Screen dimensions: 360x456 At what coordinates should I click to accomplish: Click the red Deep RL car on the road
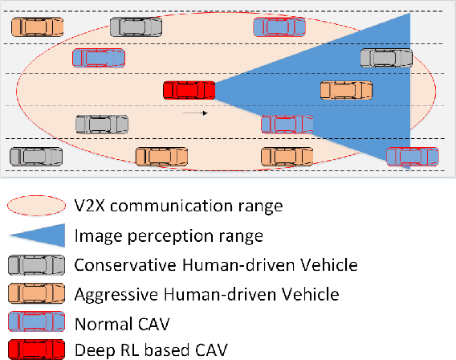tap(189, 92)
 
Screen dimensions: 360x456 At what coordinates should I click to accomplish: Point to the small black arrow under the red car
tap(195, 112)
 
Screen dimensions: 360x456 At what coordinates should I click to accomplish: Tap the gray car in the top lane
tap(136, 27)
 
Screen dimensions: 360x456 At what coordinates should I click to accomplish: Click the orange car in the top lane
tap(37, 27)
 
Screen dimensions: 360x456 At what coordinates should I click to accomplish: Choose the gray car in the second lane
tap(386, 57)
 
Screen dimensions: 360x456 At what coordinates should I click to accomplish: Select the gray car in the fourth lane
tap(102, 124)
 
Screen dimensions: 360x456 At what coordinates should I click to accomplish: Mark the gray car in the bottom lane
tap(36, 156)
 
